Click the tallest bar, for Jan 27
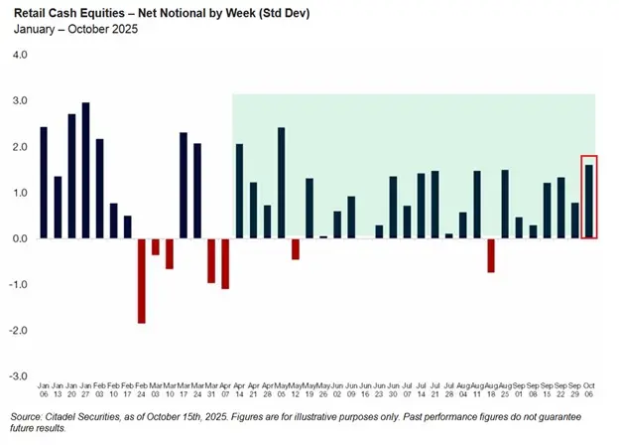point(85,171)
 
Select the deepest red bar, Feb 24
point(142,280)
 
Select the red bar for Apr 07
point(225,263)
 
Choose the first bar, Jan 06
point(44,183)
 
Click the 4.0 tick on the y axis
point(20,55)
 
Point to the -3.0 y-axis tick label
point(18,376)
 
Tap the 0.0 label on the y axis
point(20,238)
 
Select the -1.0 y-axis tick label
point(18,285)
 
